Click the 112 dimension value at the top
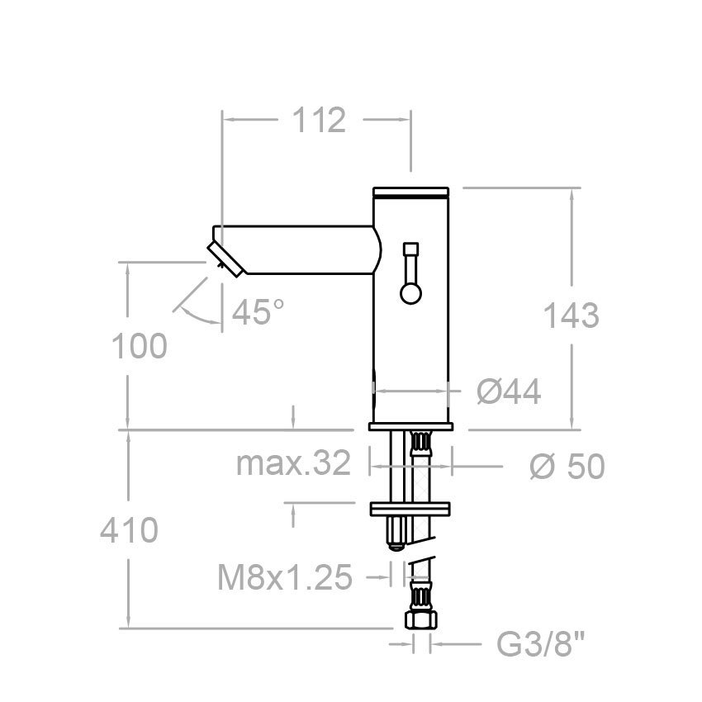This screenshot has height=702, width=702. click(x=318, y=121)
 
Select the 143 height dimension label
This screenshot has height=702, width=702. click(x=571, y=315)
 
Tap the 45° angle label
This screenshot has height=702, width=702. click(x=258, y=312)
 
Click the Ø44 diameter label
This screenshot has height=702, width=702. click(x=509, y=393)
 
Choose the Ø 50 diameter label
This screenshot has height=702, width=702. click(x=567, y=467)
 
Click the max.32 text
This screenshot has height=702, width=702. click(x=293, y=465)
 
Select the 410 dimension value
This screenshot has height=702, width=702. click(x=128, y=530)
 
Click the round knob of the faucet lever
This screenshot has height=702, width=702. click(x=410, y=292)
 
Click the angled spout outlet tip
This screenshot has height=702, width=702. click(x=225, y=258)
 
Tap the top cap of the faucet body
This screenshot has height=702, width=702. click(x=411, y=194)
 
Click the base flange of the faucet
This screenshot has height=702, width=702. click(x=411, y=427)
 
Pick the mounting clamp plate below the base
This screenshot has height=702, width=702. click(x=411, y=509)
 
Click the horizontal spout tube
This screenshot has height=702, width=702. click(x=306, y=250)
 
